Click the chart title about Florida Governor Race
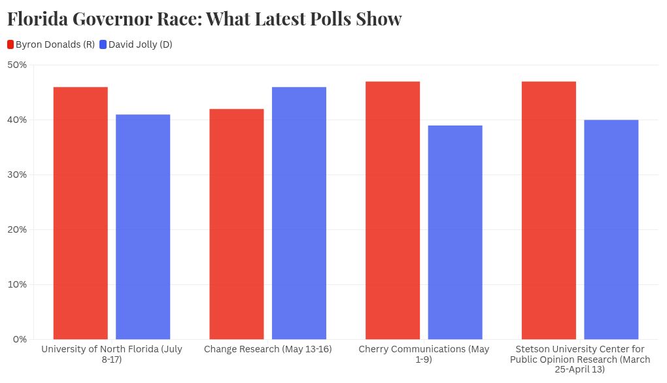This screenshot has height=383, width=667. click(205, 19)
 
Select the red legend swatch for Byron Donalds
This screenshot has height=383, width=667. click(10, 44)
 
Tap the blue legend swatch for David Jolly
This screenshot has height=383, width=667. click(103, 44)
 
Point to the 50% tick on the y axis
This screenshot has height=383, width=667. click(17, 65)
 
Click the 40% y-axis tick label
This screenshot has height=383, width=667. click(17, 120)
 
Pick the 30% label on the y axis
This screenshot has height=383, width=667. click(17, 175)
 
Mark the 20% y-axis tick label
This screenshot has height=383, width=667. click(17, 229)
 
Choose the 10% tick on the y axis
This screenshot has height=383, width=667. click(17, 284)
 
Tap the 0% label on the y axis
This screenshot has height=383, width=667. click(20, 339)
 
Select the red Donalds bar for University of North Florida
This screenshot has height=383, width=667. click(80, 213)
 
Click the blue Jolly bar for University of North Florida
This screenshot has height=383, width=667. click(143, 227)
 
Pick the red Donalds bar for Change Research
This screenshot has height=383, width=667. click(237, 224)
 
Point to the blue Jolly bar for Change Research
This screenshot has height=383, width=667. click(299, 213)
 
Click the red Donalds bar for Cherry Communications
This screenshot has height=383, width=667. click(392, 210)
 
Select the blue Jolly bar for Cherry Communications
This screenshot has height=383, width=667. click(455, 233)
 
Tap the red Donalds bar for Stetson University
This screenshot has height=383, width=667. click(549, 210)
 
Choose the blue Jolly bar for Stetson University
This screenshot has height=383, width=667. click(611, 229)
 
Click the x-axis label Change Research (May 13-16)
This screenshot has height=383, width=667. click(267, 350)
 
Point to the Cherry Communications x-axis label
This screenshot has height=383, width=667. click(424, 354)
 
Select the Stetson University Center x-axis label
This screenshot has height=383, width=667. click(580, 359)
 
